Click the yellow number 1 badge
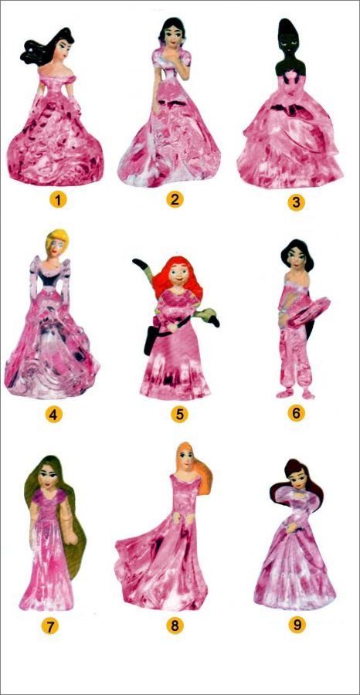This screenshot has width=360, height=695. coord(58,200)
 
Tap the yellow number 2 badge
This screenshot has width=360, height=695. coord(175,199)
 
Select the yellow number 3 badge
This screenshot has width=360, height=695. coord(296,202)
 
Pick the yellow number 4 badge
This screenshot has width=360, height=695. coord(53,415)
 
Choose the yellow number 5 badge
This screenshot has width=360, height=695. coord(179,415)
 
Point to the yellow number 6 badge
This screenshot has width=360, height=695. coord(296,413)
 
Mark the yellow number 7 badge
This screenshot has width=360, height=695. coord(50,625)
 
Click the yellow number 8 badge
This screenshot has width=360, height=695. coord(175,625)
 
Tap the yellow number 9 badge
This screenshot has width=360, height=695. coord(297,625)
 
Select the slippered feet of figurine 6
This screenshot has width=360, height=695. coord(296,394)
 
